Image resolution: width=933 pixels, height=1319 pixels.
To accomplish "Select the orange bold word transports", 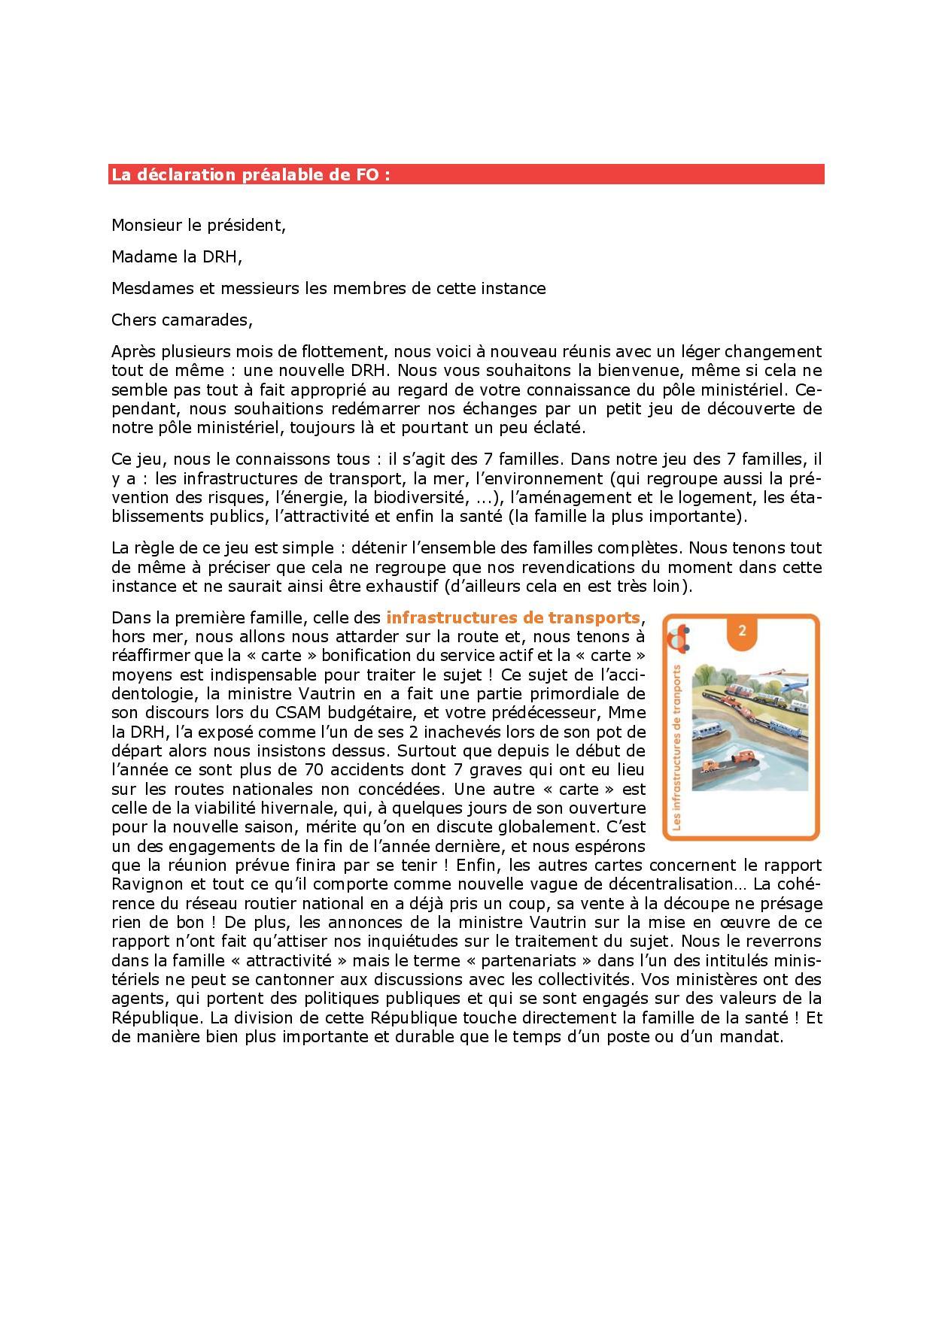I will pos(594,618).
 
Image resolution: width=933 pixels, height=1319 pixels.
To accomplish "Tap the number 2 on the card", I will pos(742,630).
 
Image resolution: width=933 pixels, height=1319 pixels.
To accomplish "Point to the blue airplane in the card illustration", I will pos(790,684).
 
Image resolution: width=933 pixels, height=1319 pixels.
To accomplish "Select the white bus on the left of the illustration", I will pos(707,729).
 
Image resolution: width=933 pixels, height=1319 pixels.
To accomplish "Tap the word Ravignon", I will pos(146,884).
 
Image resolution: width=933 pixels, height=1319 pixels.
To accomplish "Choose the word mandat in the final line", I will pos(755,1036).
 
